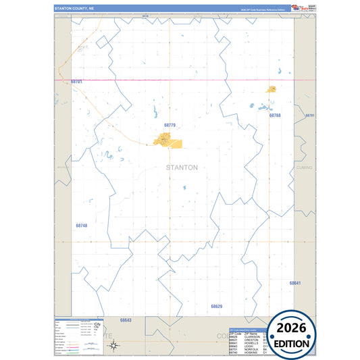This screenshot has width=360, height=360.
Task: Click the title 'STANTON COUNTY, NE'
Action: coord(74,9)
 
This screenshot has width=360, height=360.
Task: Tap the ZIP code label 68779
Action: coord(170,125)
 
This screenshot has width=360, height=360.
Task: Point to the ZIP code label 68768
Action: coord(275,115)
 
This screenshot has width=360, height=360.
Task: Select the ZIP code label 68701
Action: coord(76,82)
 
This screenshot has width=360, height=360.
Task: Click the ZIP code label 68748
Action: coord(82,226)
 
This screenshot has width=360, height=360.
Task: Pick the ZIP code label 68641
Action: coord(295,283)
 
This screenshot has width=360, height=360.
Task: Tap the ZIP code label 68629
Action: coord(216,307)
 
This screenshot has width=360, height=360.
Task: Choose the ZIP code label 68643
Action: coord(126,320)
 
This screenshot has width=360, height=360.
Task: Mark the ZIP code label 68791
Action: coord(310,115)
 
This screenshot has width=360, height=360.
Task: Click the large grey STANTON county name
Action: coord(182,168)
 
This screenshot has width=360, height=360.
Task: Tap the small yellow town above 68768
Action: coord(272,89)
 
